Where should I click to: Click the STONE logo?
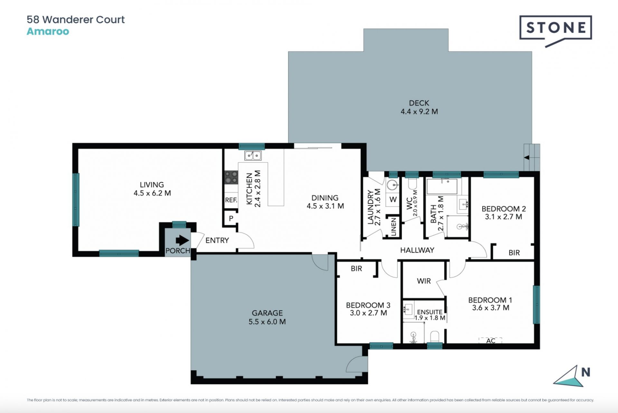(x=556, y=31)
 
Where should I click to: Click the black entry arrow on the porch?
(x=182, y=240)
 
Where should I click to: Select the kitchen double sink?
(x=253, y=156)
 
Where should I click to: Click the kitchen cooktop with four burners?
(x=231, y=177)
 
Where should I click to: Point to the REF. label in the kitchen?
(x=231, y=200)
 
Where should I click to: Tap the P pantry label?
(x=231, y=219)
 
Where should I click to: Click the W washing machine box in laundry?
(x=393, y=199)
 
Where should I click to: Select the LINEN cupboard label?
(x=393, y=227)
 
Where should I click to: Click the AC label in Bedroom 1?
(x=491, y=341)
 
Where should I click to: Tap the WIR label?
(x=424, y=281)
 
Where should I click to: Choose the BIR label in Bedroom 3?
(x=356, y=268)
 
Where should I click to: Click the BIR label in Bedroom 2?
(x=514, y=253)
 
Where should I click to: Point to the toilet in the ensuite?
(x=435, y=337)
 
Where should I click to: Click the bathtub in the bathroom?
(x=442, y=187)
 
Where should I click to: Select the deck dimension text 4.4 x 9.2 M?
(x=419, y=112)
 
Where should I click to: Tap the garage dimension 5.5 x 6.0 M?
(x=267, y=322)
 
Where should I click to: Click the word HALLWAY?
(x=417, y=250)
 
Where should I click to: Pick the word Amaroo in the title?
(x=48, y=31)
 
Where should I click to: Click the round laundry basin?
(x=392, y=185)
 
